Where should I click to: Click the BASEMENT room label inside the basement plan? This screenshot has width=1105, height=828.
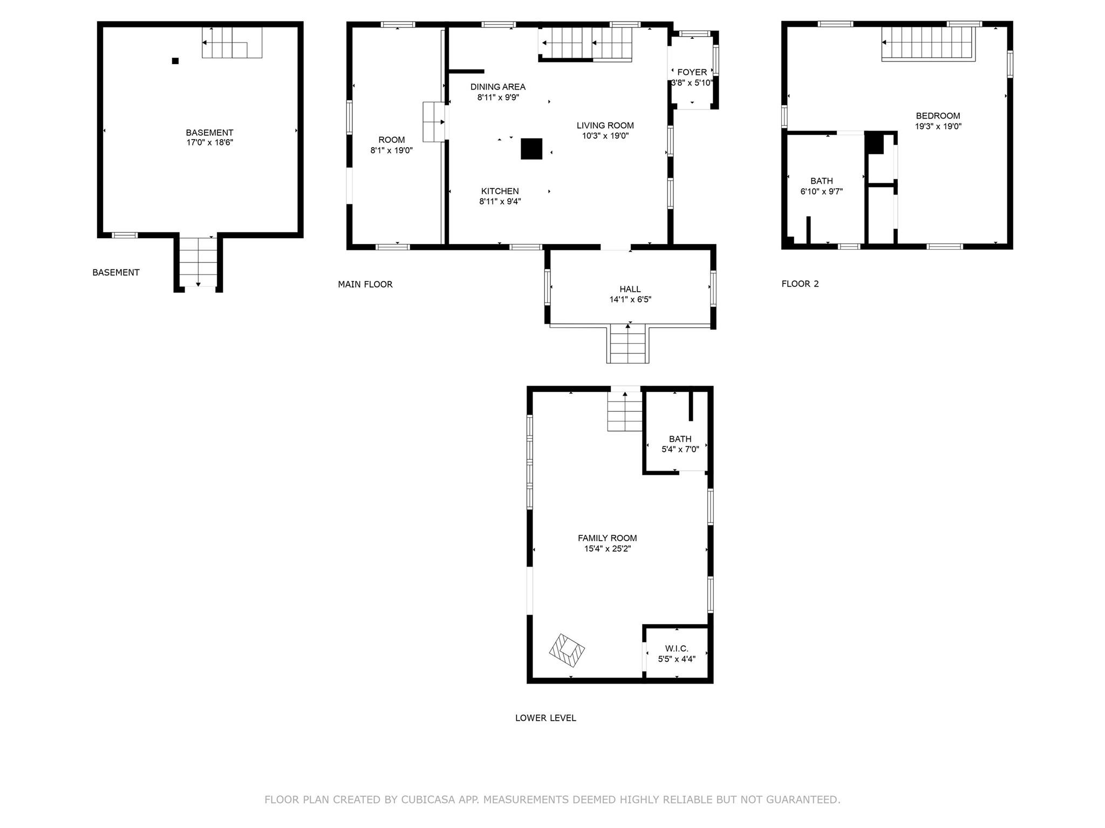209,133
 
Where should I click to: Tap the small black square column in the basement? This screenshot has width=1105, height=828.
175,61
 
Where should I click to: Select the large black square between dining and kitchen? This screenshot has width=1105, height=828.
531,149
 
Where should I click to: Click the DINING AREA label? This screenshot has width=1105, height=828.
497,87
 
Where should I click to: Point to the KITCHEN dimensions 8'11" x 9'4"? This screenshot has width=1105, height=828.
500,202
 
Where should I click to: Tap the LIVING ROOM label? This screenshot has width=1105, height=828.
605,126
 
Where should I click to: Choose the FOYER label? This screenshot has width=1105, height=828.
692,72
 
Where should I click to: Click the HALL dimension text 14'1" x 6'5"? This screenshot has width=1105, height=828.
630,300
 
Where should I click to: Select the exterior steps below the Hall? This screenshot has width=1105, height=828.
627,343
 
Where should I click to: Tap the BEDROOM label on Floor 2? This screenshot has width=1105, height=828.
938,116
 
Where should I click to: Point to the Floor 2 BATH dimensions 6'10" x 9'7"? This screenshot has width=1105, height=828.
821,191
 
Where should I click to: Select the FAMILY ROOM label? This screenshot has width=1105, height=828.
607,538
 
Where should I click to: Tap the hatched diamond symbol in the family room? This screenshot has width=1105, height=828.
567,651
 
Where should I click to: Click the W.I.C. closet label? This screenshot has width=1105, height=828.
677,648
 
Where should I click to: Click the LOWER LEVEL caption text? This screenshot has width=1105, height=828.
545,718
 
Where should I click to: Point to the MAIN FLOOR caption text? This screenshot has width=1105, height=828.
365,284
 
